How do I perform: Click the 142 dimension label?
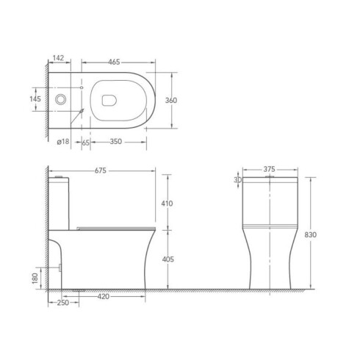[58, 58]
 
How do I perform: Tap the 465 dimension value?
[114, 62]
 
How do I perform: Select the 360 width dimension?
[171, 101]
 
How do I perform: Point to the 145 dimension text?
[35, 99]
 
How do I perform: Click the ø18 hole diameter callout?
[63, 141]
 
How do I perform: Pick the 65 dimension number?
[85, 143]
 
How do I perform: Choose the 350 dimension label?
[116, 142]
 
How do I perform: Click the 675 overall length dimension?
[101, 170]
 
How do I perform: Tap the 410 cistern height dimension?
[167, 204]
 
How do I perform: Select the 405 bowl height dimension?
[168, 259]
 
